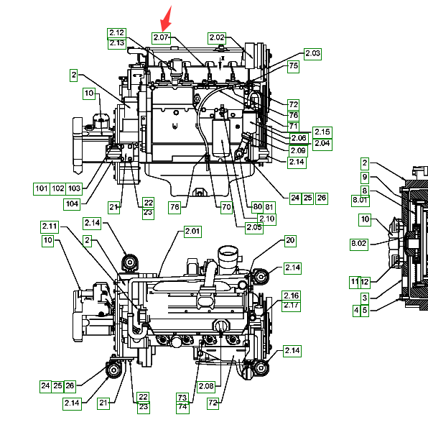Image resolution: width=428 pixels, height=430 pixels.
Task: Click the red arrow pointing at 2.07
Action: click(166, 19)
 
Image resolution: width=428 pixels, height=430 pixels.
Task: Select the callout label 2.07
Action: click(162, 38)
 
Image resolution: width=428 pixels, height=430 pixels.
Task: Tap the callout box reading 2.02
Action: click(217, 38)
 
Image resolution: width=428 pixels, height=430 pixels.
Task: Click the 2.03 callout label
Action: click(312, 54)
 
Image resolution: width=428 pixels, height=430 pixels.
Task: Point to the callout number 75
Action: click(293, 67)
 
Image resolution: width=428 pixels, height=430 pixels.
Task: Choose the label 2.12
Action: click(116, 33)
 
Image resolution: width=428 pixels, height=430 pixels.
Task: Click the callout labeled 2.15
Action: click(322, 132)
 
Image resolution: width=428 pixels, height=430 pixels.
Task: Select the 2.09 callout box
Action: click(298, 151)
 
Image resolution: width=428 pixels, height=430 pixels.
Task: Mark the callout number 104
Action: click(72, 204)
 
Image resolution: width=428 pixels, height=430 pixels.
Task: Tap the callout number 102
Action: click(58, 189)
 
